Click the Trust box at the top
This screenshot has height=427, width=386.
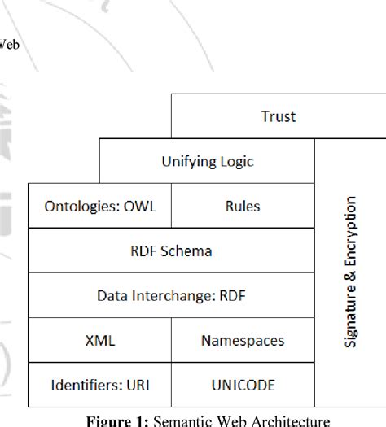coord(278,116)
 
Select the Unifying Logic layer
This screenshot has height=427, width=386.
coord(207,161)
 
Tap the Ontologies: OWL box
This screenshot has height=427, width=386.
coord(99,206)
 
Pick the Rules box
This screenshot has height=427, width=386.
coord(242,206)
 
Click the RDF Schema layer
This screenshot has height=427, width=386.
coord(171,251)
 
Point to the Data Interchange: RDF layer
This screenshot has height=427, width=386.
coord(171,295)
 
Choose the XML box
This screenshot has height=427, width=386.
coord(99,340)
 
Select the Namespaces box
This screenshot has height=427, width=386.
coord(242,340)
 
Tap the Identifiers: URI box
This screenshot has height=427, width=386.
coord(99,385)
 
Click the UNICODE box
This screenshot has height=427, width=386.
coord(242,385)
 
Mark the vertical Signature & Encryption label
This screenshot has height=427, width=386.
coord(350,272)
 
